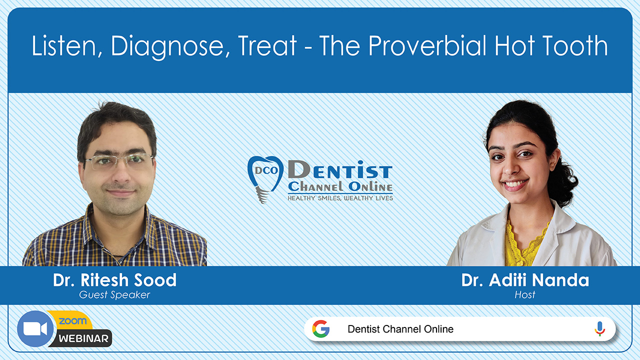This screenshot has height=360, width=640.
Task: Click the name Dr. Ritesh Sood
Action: [114, 280]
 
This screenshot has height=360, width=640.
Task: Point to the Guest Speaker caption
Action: [114, 295]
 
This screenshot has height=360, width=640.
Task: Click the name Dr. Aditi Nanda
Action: [525, 280]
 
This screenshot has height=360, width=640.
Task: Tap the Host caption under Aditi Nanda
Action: [525, 295]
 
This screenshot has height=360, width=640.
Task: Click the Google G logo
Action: [321, 329]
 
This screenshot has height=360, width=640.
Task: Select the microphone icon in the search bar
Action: [599, 329]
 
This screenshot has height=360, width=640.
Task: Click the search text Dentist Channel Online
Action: [400, 329]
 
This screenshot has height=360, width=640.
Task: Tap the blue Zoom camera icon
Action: [35, 328]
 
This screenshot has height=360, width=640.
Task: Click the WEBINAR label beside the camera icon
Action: [83, 338]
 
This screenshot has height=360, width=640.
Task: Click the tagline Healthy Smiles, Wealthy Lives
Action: [340, 198]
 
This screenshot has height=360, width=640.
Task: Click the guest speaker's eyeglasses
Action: [118, 161]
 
